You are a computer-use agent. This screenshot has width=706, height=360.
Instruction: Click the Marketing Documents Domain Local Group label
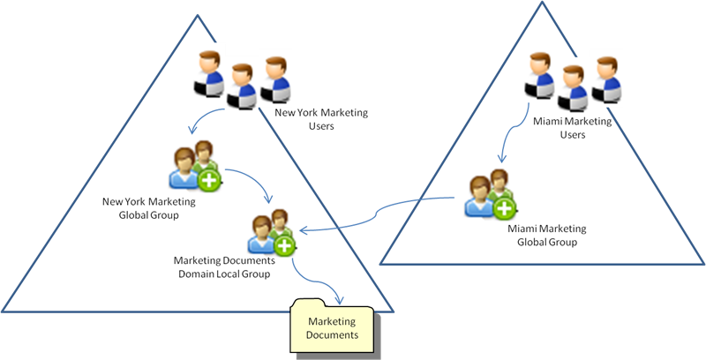coord(224,267)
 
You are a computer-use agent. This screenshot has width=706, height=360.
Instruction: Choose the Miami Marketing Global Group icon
coord(488,197)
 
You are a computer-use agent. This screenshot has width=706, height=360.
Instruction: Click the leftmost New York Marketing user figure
coord(210,74)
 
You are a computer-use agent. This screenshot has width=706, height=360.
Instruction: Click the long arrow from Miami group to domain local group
coord(379,216)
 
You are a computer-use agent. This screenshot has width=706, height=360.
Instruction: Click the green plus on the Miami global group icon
coord(503,209)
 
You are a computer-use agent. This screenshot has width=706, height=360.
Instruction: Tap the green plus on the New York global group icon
coord(209,180)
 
